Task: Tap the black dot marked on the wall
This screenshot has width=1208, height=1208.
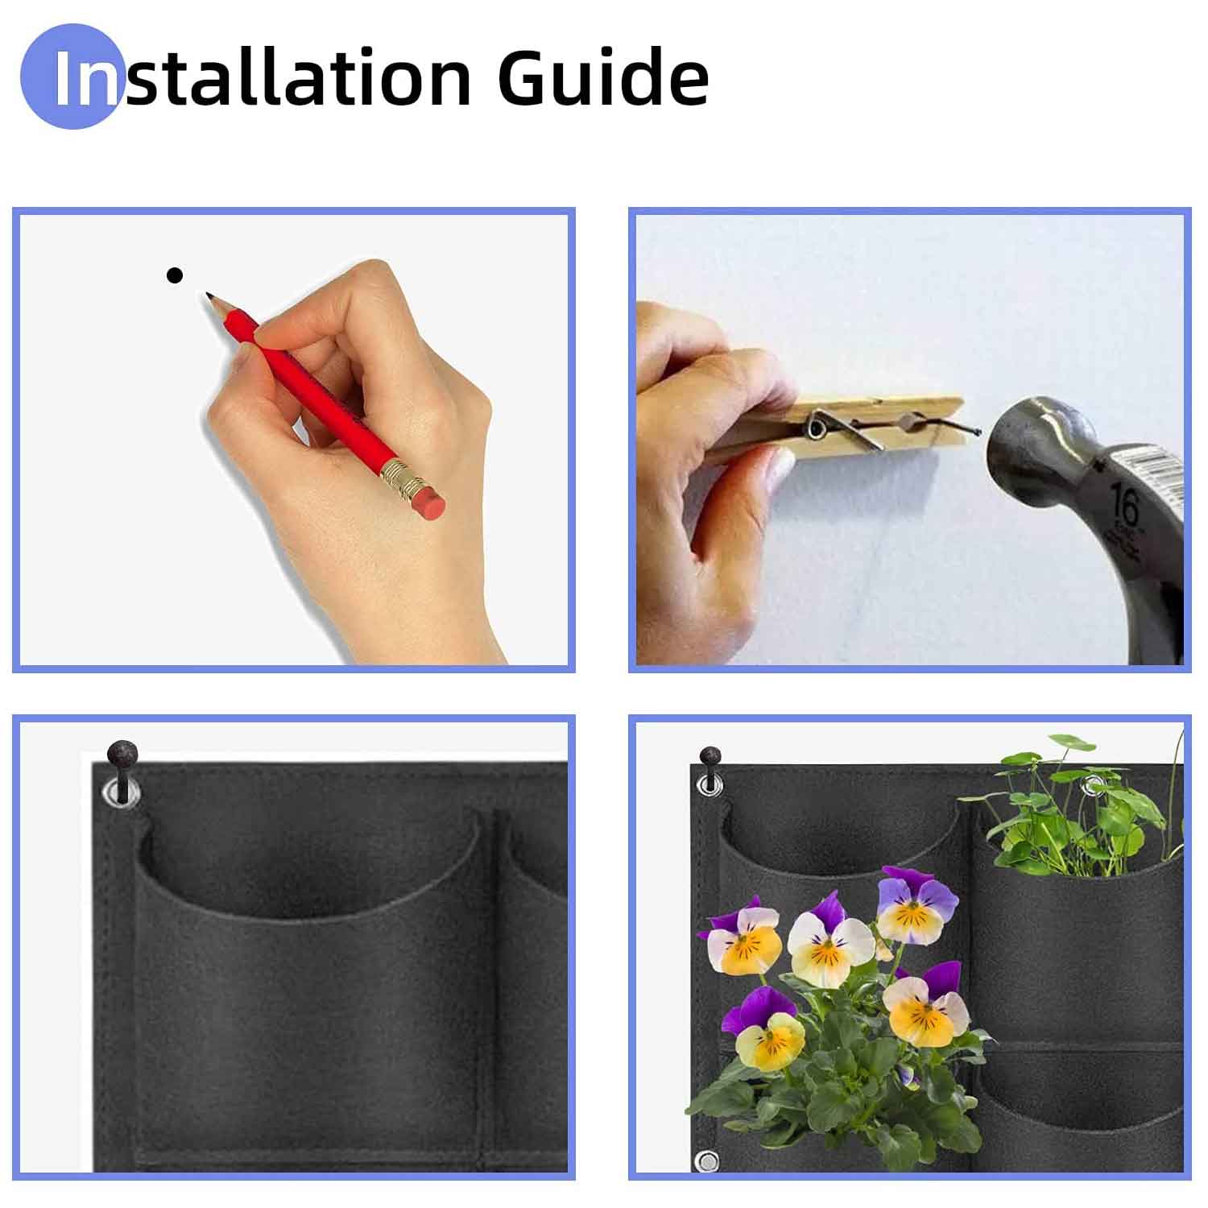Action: click(175, 275)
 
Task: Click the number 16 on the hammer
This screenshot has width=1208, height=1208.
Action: click(1124, 506)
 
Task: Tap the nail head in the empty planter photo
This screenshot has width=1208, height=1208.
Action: click(122, 754)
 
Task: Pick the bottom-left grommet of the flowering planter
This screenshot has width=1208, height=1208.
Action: click(707, 1162)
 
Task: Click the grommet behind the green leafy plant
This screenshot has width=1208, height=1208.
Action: click(1093, 785)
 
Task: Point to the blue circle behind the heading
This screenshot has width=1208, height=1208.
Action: click(71, 77)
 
